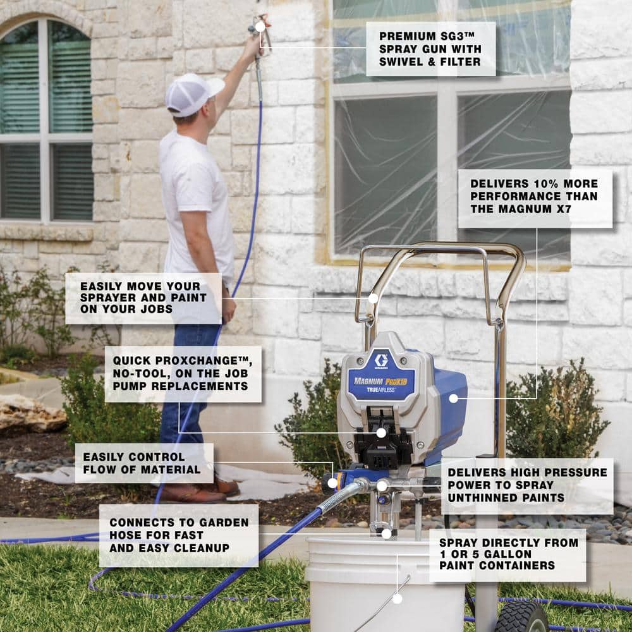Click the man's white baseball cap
click(x=193, y=95)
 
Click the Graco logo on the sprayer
click(x=381, y=360)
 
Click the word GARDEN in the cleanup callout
click(x=224, y=523)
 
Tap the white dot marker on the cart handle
click(x=374, y=299)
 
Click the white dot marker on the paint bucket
click(x=398, y=599)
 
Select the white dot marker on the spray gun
click(x=260, y=27)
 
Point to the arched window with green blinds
click(x=46, y=120)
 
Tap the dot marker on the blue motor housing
click(x=453, y=399)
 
